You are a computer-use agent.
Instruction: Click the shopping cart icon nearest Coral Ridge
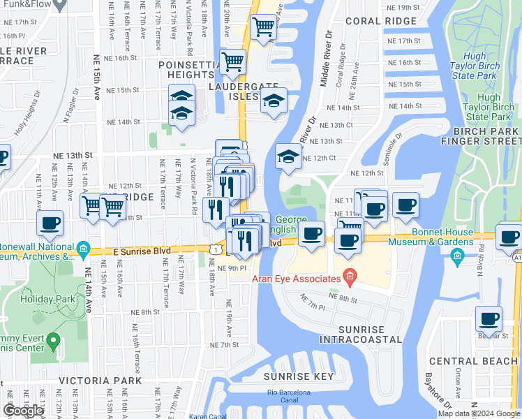tap(264, 28)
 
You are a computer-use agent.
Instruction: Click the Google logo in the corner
tap(23, 411)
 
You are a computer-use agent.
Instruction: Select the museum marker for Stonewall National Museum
tap(83, 248)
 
